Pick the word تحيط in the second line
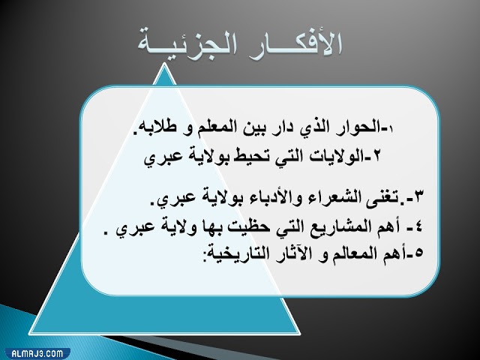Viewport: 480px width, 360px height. [x=244, y=159]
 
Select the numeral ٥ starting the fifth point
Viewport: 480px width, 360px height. [x=418, y=251]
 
